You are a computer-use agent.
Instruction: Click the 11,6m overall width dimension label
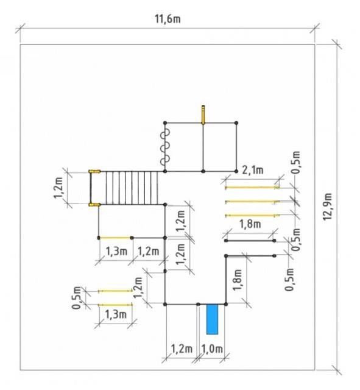click(168, 19)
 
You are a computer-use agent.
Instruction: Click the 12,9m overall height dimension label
click(328, 207)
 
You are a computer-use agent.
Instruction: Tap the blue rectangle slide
click(212, 319)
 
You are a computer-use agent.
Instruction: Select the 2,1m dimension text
click(253, 170)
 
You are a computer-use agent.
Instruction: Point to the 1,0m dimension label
click(212, 349)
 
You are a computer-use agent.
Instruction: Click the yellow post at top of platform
click(203, 115)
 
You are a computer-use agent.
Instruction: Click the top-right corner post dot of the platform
click(236, 123)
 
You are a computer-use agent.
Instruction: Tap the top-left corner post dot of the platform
click(165, 123)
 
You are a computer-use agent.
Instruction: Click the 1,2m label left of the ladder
click(58, 188)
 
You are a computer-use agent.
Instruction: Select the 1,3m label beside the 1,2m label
click(116, 251)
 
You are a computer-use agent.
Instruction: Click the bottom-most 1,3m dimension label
click(116, 314)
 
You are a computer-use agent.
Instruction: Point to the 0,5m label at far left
click(77, 298)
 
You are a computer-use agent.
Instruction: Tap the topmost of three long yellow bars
click(252, 188)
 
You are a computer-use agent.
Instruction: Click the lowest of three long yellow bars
click(252, 215)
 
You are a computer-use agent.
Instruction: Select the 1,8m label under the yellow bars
click(250, 224)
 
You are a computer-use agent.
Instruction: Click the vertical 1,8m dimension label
click(238, 280)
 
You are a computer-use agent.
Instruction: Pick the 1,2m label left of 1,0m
click(182, 349)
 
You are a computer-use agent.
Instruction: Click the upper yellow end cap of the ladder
click(94, 171)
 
